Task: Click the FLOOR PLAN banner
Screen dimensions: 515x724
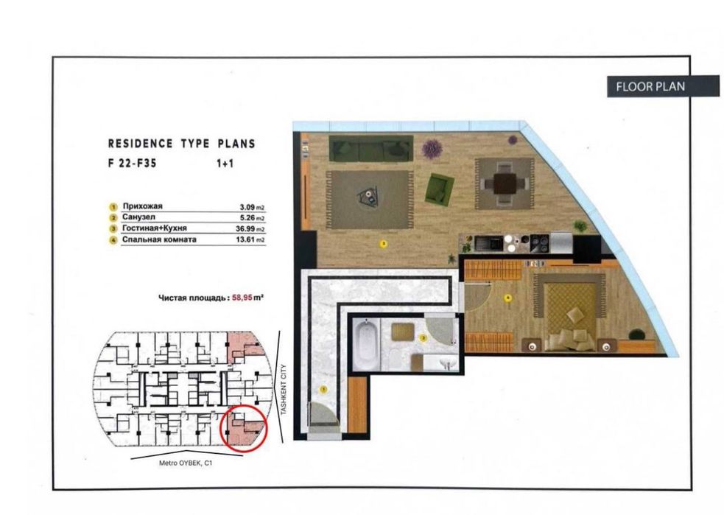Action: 650,86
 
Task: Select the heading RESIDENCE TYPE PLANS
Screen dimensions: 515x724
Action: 181,144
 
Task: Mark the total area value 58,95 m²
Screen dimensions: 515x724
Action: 247,298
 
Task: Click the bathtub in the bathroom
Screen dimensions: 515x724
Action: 365,344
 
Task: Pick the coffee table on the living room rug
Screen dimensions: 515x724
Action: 365,195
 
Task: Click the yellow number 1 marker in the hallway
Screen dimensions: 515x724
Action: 323,388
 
